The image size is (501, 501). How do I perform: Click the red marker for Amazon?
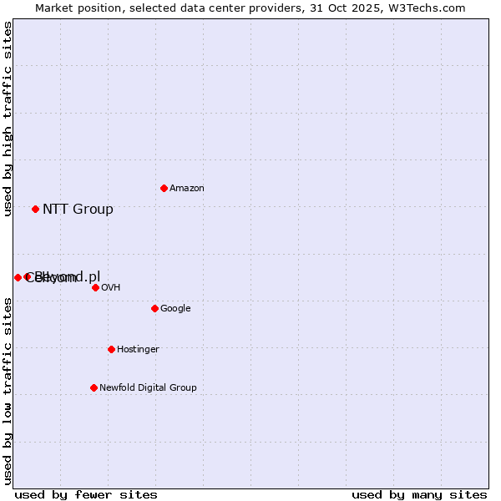tap(164, 188)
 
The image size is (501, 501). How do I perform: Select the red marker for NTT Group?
tap(35, 209)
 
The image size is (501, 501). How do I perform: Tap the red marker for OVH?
tap(95, 287)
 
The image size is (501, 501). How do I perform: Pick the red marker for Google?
tap(154, 308)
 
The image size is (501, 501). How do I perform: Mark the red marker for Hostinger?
tap(111, 349)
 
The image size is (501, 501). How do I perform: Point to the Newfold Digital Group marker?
tap(94, 387)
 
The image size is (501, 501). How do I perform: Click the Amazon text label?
tap(187, 189)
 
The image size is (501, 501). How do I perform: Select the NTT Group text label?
tap(78, 210)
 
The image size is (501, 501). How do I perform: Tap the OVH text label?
tap(111, 288)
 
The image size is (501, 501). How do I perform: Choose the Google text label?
tap(175, 309)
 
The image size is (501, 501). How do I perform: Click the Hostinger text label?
tap(138, 350)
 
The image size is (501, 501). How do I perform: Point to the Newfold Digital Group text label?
tap(148, 388)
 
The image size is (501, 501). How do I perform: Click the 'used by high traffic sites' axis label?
tap(8, 119)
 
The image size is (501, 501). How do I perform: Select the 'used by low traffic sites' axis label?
tap(8, 390)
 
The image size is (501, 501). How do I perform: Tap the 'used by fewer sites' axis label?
tap(86, 494)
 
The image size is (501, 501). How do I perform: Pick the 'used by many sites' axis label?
tap(419, 494)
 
